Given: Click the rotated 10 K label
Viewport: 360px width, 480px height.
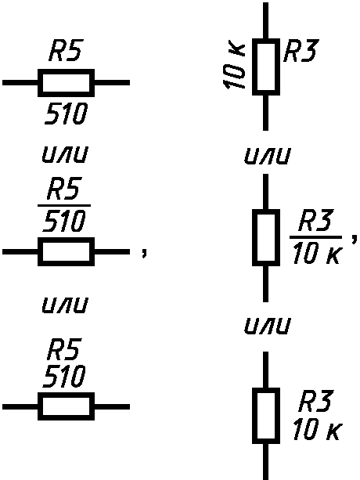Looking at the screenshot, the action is (234, 67).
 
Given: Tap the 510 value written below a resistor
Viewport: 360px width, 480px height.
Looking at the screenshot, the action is (67, 114).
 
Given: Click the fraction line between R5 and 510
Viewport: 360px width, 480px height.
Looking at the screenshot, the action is (64, 205).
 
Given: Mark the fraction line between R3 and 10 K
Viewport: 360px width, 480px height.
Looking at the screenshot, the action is (315, 236).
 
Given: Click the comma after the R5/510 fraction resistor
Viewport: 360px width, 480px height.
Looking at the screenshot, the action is (144, 252).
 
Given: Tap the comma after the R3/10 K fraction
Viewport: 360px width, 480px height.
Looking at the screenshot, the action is (354, 239).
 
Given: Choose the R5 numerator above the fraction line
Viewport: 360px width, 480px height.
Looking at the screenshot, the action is (64, 187).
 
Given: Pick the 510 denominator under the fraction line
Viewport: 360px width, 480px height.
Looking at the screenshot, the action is (63, 220).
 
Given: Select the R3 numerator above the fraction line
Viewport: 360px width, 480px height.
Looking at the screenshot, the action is (315, 220).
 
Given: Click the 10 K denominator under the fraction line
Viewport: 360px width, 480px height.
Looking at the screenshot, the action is (316, 253).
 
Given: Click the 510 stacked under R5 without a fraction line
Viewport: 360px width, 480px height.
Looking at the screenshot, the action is (63, 376).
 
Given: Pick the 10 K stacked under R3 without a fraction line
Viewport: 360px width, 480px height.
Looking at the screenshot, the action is (317, 430).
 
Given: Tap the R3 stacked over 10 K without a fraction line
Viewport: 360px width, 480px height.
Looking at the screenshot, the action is (315, 401).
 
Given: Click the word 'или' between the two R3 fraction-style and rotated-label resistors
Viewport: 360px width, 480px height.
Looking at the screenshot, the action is (266, 156).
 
